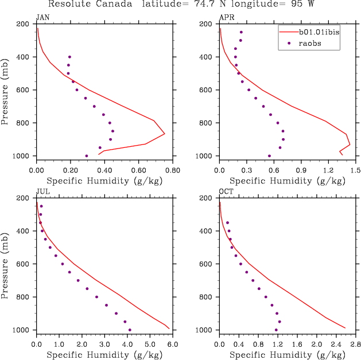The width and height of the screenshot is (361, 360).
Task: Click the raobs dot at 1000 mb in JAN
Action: click(87, 156)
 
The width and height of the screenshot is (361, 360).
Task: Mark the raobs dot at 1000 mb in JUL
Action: click(130, 330)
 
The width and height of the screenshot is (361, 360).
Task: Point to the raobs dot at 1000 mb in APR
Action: click(269, 156)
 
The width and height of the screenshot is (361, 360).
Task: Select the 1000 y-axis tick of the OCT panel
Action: click(205, 330)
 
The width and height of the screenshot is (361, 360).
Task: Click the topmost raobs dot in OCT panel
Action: click(227, 222)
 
